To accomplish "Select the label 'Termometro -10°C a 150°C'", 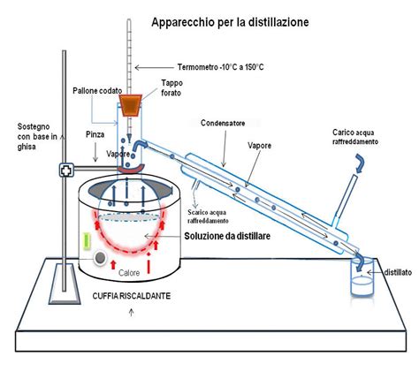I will pyautogui.click(x=207, y=66).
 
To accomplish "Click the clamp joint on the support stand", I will pyautogui.click(x=65, y=168).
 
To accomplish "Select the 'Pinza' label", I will pyautogui.click(x=97, y=137).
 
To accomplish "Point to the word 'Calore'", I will pyautogui.click(x=131, y=273).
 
